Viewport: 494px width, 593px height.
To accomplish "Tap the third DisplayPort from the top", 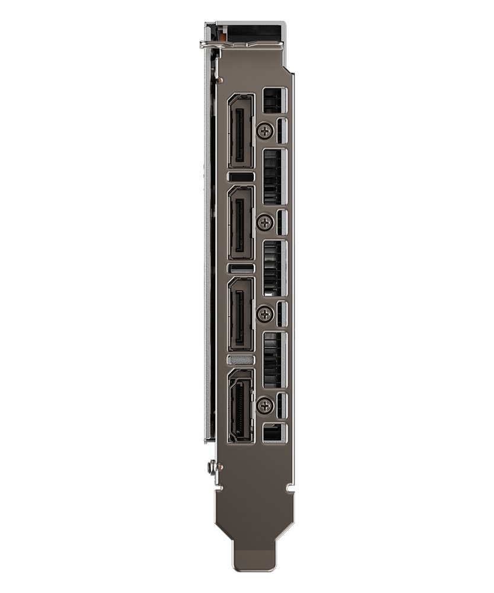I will [240, 314].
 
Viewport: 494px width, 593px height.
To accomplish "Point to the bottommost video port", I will [240, 406].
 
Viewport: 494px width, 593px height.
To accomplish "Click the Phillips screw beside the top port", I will [265, 130].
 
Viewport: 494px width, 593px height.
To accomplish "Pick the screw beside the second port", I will [265, 222].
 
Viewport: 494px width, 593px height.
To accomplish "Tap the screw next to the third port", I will [265, 314].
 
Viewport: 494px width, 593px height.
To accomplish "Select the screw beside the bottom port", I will [265, 406].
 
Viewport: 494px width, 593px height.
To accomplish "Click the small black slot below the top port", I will [240, 177].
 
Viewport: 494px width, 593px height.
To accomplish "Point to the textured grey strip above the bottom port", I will [240, 360].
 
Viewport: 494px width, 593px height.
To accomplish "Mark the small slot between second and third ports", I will [240, 269].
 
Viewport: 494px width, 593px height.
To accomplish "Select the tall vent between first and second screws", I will [273, 176].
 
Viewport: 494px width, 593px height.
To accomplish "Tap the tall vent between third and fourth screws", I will [273, 359].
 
